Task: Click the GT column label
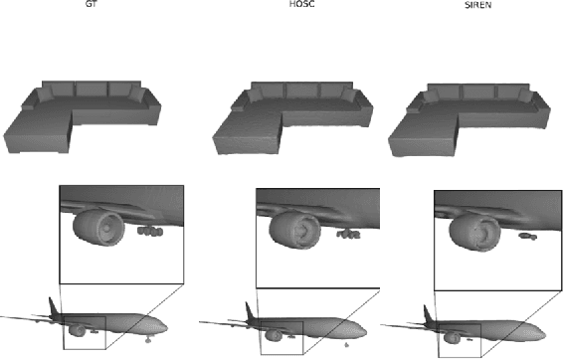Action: coord(92,4)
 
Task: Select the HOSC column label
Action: coord(302,4)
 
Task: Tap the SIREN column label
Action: coord(477,5)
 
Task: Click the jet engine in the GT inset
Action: coord(98,228)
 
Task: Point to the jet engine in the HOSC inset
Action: coord(294,230)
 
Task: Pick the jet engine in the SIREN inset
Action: coord(473,233)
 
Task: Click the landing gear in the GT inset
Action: coord(150,232)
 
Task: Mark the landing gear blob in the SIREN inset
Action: coord(527,236)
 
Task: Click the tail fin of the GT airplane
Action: coord(54,306)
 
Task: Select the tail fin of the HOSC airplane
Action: coord(250,310)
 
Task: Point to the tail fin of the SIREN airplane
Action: coord(429,313)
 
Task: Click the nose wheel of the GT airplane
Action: coord(148,339)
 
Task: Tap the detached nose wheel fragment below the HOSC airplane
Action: coord(346,345)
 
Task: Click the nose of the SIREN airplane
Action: coord(543,335)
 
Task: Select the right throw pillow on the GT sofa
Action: coord(137,92)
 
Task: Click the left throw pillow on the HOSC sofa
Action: coord(255,94)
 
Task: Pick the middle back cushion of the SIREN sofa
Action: coord(477,91)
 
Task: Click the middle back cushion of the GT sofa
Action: coord(92,90)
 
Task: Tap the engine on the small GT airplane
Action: coord(78,330)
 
